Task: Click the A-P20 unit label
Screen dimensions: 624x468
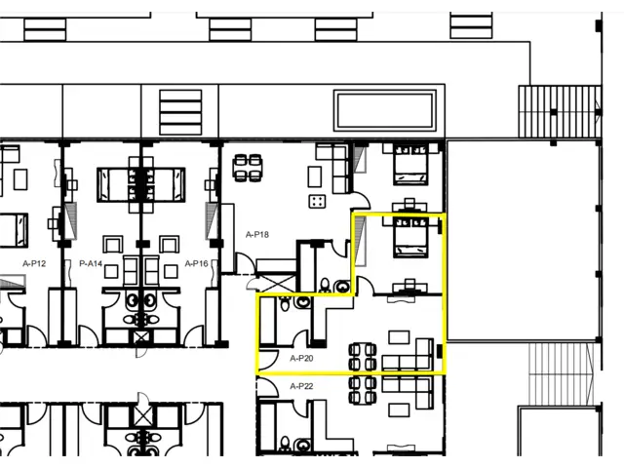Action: tap(301, 359)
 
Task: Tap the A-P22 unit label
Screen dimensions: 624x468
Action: tap(301, 386)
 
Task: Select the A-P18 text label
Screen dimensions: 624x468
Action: tap(257, 235)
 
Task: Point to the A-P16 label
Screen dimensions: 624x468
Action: tap(197, 263)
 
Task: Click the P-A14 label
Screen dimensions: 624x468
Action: tap(91, 263)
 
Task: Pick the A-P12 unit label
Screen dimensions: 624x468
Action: tap(34, 263)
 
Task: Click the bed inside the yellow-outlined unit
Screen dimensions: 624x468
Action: tap(410, 237)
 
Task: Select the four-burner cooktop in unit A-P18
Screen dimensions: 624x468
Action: tap(317, 202)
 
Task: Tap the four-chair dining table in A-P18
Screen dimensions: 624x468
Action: tap(248, 168)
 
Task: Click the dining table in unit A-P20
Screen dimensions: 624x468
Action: tap(363, 357)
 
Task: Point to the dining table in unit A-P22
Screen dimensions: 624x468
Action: tap(363, 390)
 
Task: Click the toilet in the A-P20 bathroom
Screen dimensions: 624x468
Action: tap(285, 303)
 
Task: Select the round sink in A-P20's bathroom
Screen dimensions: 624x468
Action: tap(303, 301)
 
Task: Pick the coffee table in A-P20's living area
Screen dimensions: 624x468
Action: tap(399, 337)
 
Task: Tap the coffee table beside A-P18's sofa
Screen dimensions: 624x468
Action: tap(314, 176)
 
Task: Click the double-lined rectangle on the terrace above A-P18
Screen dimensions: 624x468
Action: tap(385, 110)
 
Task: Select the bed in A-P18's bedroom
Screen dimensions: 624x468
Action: tap(410, 165)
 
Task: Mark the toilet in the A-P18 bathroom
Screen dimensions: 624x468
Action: tap(325, 285)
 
